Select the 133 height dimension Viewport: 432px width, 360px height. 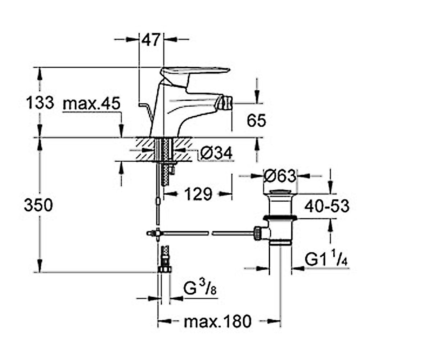(40, 103)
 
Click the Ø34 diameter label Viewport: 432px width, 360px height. (216, 153)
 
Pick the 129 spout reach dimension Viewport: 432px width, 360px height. (198, 194)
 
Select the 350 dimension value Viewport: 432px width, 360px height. (39, 205)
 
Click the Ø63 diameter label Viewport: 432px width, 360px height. (280, 176)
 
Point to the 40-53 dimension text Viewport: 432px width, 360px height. (327, 206)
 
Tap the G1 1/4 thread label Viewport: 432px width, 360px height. (326, 258)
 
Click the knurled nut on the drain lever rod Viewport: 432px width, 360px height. (258, 233)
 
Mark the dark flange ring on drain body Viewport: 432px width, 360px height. (280, 218)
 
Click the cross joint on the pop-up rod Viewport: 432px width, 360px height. (158, 233)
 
